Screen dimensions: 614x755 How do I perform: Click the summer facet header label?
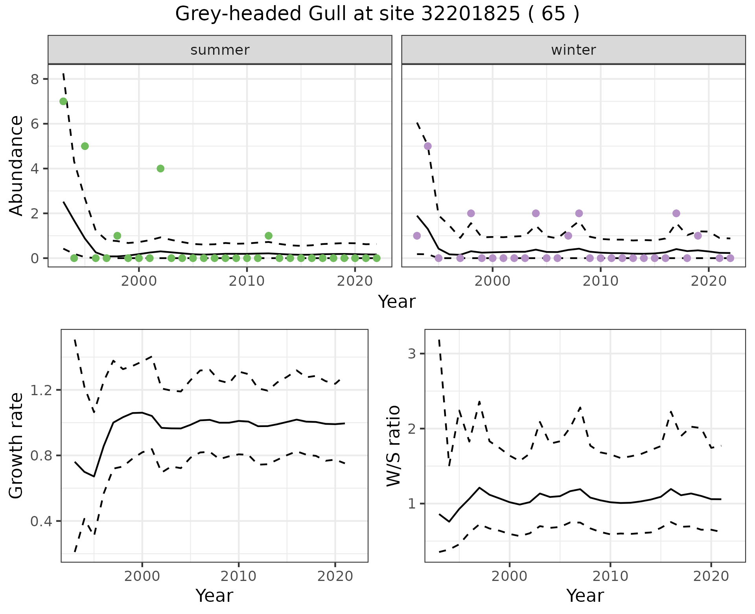click(220, 50)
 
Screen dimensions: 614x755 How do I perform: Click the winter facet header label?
click(573, 50)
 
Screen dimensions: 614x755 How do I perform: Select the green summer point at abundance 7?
click(63, 101)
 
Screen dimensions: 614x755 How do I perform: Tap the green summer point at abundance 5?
click(85, 146)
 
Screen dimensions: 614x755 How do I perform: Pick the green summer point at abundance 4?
click(160, 168)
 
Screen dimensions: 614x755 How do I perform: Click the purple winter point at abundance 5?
click(428, 146)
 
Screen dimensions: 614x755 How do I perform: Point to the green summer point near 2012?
click(269, 236)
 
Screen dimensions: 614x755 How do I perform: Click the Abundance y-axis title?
click(17, 165)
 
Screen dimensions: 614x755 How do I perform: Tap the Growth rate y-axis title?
click(17, 446)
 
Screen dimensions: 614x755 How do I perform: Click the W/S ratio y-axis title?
click(393, 446)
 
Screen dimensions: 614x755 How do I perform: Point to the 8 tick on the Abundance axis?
click(35, 79)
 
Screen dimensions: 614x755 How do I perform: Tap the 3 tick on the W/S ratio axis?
click(412, 353)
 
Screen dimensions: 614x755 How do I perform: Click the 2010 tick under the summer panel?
click(247, 282)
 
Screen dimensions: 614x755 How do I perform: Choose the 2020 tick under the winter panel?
click(709, 282)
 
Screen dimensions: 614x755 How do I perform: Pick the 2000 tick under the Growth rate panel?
click(142, 577)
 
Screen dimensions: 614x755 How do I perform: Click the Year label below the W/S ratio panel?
click(585, 596)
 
